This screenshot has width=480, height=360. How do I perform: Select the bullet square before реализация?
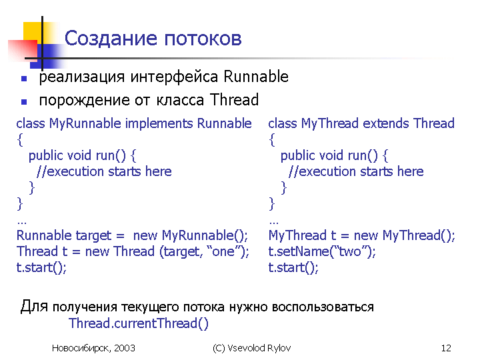pyautogui.click(x=24, y=79)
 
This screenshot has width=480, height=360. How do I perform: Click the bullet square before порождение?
pyautogui.click(x=24, y=101)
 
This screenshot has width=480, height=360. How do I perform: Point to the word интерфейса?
pyautogui.click(x=174, y=77)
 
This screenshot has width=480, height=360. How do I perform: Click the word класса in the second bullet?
pyautogui.click(x=180, y=101)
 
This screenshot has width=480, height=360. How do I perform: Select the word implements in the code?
pyautogui.click(x=159, y=124)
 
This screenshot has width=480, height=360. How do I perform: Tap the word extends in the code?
pyautogui.click(x=386, y=123)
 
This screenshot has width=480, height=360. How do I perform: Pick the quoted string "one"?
pyautogui.click(x=223, y=251)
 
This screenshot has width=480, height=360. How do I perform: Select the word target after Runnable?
pyautogui.click(x=93, y=236)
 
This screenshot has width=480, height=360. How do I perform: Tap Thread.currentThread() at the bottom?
pyautogui.click(x=139, y=323)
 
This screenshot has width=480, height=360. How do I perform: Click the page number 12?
pyautogui.click(x=446, y=348)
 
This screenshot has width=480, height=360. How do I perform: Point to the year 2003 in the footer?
pyautogui.click(x=125, y=348)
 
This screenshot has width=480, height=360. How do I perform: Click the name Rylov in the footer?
pyautogui.click(x=279, y=349)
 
